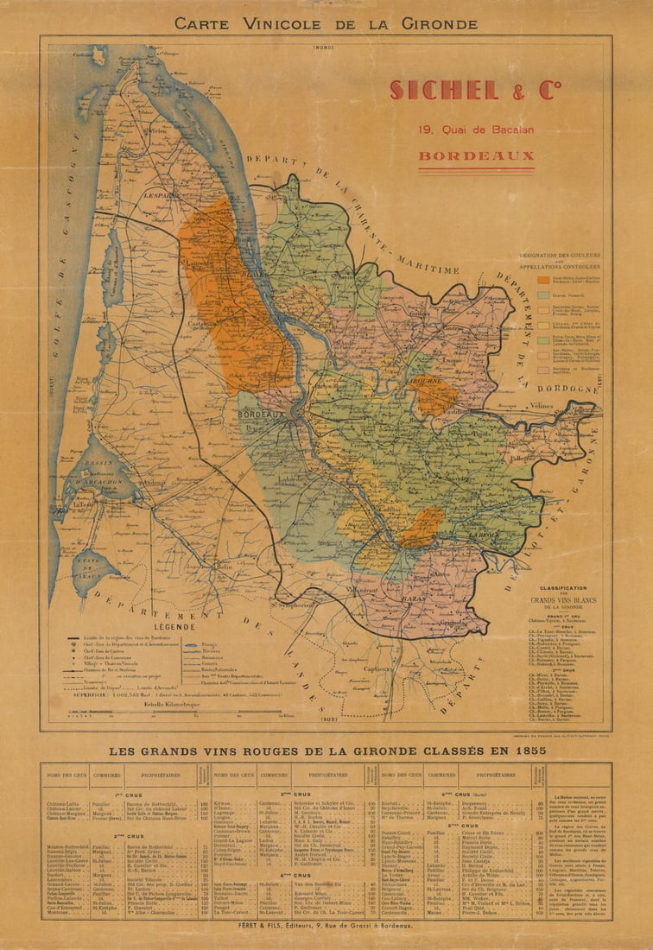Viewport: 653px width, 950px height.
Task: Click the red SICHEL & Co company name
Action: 475,90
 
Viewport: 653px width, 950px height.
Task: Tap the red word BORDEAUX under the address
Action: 476,157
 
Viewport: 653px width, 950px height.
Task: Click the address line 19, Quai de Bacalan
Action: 476,130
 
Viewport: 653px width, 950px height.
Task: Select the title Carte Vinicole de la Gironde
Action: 326,23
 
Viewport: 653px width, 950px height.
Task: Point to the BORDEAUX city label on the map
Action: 261,415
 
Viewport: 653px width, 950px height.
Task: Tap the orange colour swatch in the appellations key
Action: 542,279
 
